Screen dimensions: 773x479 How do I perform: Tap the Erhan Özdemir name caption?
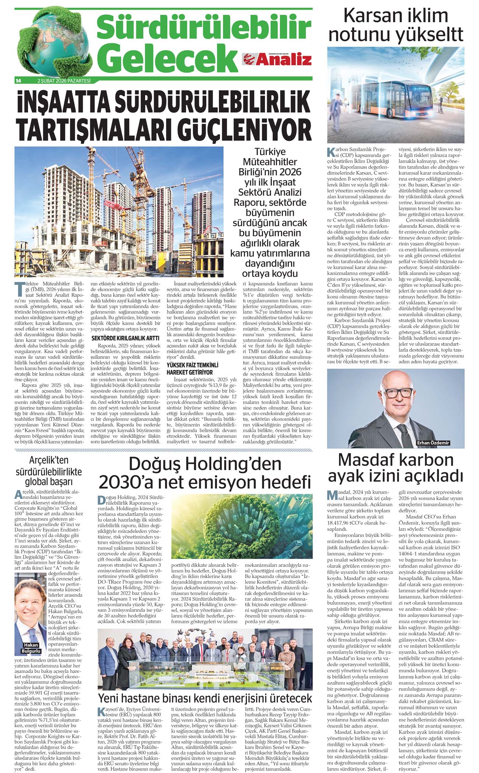click(433, 443)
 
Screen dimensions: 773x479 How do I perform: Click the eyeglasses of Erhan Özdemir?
click(397, 393)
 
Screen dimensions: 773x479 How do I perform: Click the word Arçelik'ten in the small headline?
click(49, 460)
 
